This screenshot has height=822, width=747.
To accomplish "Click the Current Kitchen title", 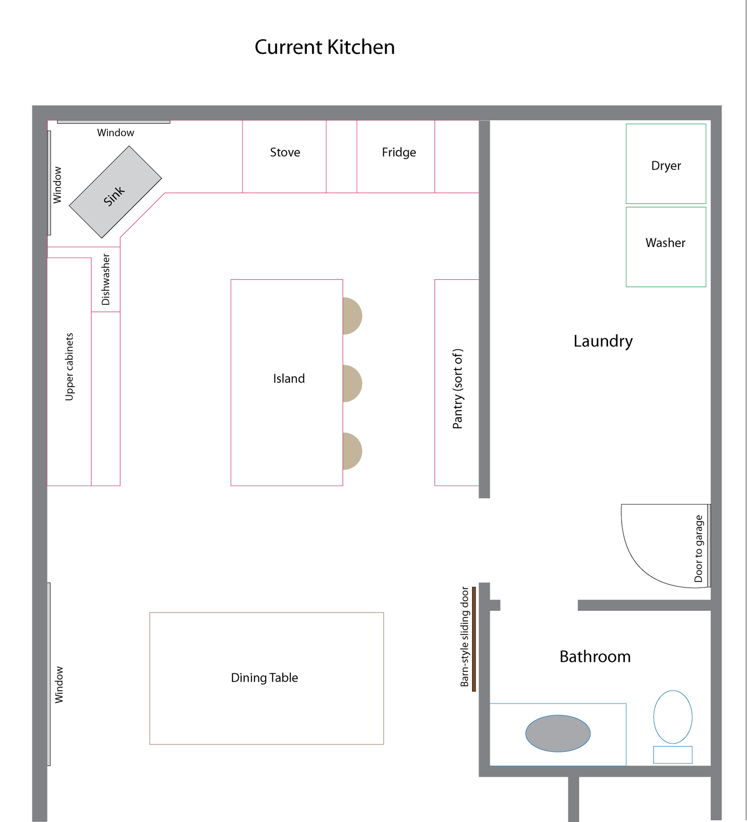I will coord(325,47).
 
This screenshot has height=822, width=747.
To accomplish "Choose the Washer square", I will coord(666,247).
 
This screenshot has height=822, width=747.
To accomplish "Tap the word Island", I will coord(289,378).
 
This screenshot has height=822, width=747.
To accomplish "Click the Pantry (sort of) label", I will coord(458,389).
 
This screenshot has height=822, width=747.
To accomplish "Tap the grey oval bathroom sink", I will coord(558,733).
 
